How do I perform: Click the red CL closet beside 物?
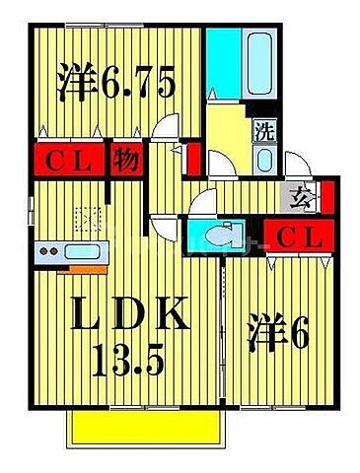tap(67, 161)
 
